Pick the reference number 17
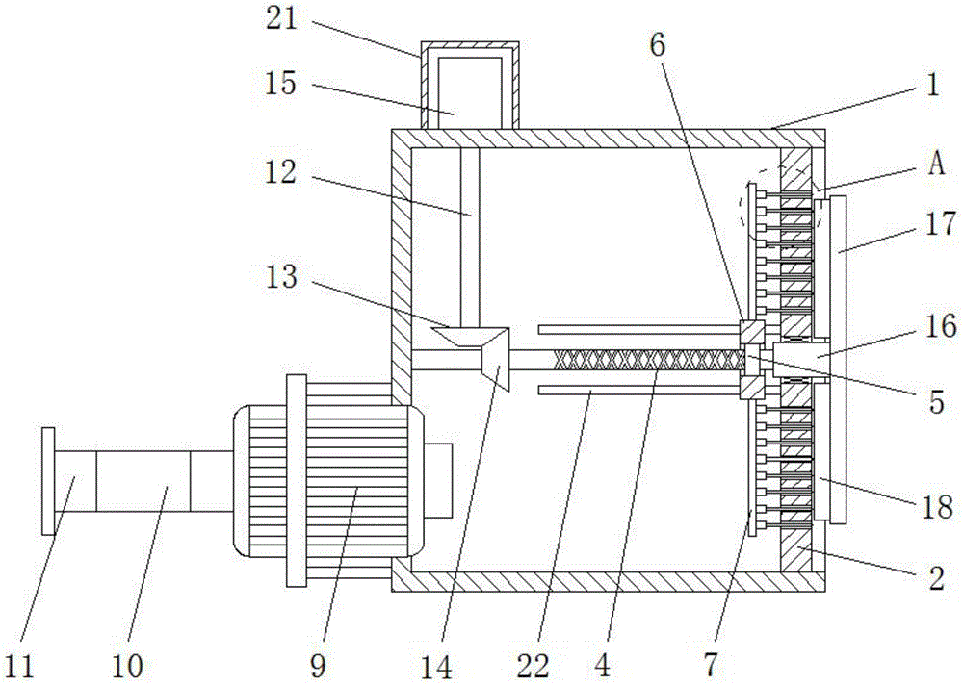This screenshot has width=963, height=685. point(942,225)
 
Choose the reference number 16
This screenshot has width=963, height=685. point(942,326)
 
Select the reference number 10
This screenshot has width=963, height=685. point(126,664)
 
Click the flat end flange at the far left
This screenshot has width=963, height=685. point(48,481)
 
